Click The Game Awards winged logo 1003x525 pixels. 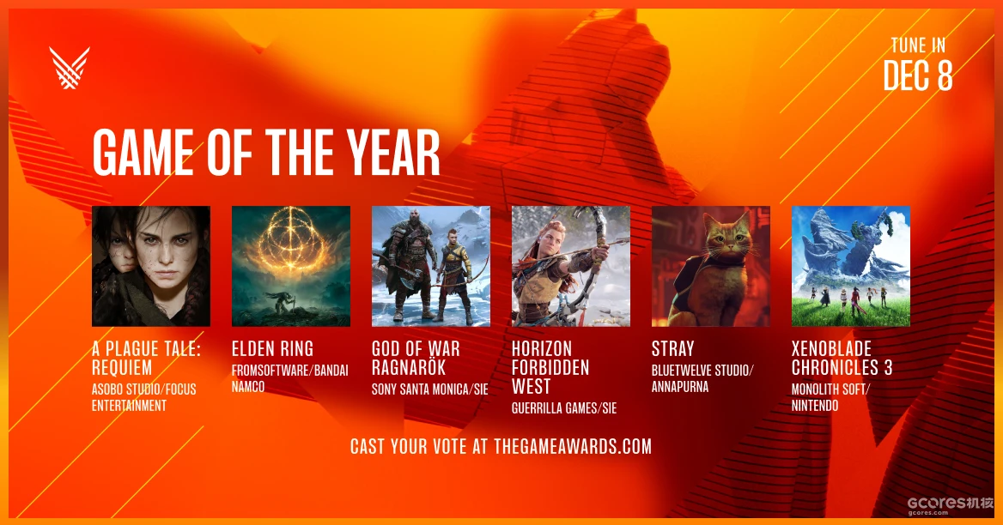[x=70, y=68]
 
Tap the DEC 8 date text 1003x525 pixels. [x=918, y=76]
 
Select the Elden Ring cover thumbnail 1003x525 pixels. [x=291, y=266]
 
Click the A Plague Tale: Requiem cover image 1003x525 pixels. [x=151, y=266]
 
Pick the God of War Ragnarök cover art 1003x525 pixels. [x=431, y=266]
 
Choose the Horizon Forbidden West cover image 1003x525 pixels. [x=571, y=266]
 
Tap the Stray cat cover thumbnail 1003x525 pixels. [x=711, y=266]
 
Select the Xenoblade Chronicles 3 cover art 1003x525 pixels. [x=851, y=266]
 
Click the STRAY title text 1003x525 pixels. [x=673, y=349]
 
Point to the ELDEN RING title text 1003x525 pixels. [x=272, y=349]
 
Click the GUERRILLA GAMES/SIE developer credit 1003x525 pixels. [x=564, y=408]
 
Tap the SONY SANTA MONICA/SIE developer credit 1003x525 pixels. [x=430, y=389]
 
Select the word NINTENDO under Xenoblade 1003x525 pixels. [x=815, y=406]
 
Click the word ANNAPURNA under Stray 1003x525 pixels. [x=680, y=386]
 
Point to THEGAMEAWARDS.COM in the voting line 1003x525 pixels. [x=573, y=446]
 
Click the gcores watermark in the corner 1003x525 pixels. [x=950, y=505]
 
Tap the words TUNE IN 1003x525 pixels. [x=918, y=45]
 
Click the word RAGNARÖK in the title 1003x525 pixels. [x=409, y=368]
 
